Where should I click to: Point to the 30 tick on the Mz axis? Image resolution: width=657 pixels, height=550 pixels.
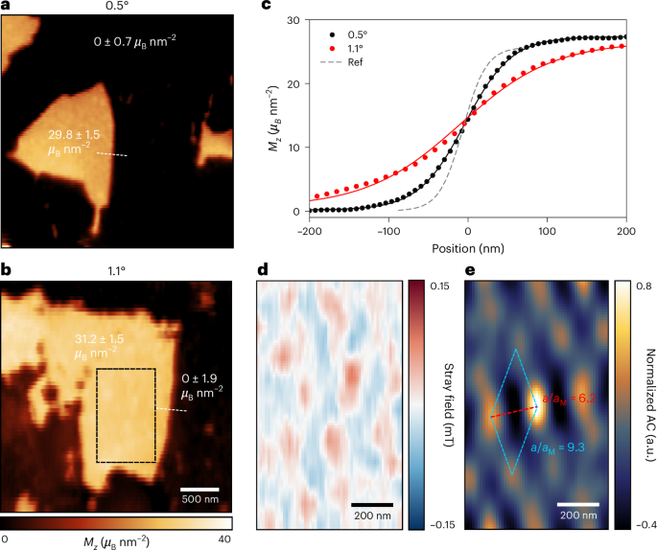tap(299, 21)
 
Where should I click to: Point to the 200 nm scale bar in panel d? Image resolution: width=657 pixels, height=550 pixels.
tap(371, 503)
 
